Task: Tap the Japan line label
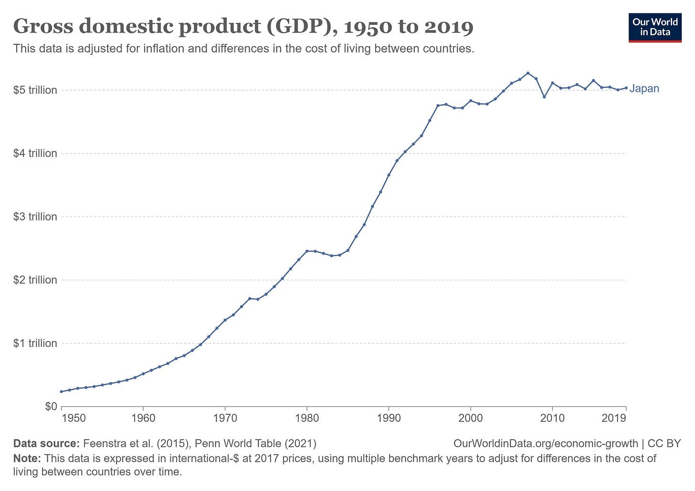click(x=644, y=88)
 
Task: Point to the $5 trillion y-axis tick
click(x=35, y=90)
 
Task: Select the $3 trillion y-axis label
click(x=35, y=216)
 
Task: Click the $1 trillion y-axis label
click(x=35, y=343)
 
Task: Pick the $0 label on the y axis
click(x=51, y=406)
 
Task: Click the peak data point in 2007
click(x=528, y=73)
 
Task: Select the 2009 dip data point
click(x=544, y=97)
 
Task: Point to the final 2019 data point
click(x=626, y=88)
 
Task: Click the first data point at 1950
click(x=61, y=392)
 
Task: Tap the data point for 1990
click(x=389, y=175)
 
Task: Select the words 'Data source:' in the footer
click(x=46, y=443)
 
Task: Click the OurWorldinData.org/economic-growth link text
click(x=546, y=443)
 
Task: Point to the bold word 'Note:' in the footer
click(x=28, y=459)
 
